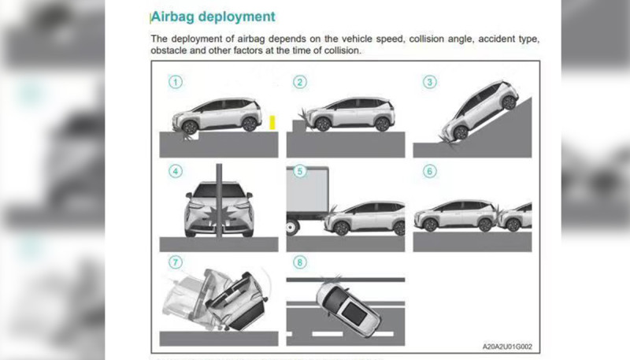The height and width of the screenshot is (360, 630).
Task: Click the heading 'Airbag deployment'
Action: [213, 17]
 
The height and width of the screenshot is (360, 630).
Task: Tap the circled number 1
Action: [175, 82]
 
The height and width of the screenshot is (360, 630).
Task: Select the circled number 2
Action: [300, 82]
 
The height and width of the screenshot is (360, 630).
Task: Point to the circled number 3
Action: [429, 82]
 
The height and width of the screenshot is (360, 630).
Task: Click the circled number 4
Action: [175, 171]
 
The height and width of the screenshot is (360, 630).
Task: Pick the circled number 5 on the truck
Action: [300, 171]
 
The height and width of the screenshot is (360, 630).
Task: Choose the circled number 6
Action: [429, 171]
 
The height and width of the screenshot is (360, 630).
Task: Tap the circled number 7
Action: [175, 262]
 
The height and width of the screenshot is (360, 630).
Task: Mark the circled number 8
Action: [300, 262]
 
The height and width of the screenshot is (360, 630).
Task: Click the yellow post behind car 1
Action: [272, 123]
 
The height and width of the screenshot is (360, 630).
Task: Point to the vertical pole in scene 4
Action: [219, 200]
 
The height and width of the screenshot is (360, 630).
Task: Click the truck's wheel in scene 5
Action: [291, 228]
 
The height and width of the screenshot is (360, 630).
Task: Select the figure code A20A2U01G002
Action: [507, 347]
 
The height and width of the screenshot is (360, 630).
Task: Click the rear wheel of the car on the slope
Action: [509, 102]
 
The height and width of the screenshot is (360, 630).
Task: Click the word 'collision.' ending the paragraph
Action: [343, 50]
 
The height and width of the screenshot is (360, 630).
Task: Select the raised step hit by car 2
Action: [299, 125]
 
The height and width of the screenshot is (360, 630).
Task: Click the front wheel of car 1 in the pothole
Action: [189, 128]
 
